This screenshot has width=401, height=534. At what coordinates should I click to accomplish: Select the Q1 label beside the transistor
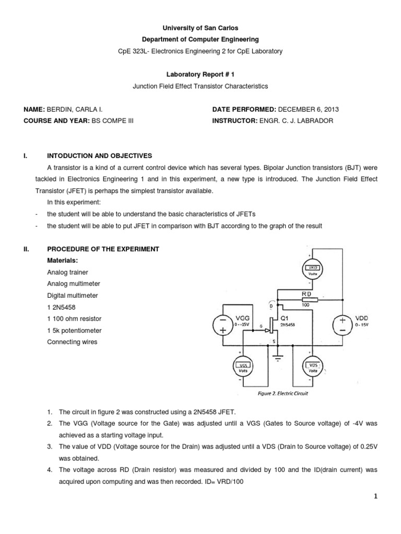point(286,317)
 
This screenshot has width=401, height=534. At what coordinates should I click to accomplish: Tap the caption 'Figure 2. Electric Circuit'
point(283,394)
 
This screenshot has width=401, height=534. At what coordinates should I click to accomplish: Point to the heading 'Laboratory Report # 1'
point(200,75)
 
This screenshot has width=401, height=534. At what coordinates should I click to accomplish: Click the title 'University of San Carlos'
point(200,28)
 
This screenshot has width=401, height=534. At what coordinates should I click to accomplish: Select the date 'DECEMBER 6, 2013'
point(309,109)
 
